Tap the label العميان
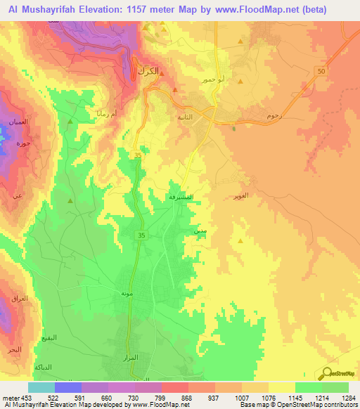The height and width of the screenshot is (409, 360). click(19, 122)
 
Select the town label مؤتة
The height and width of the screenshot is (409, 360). click(127, 293)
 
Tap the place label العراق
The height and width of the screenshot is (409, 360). click(20, 298)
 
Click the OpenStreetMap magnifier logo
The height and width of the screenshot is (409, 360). click(327, 373)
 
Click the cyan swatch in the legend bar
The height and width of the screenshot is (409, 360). click(41, 387)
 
